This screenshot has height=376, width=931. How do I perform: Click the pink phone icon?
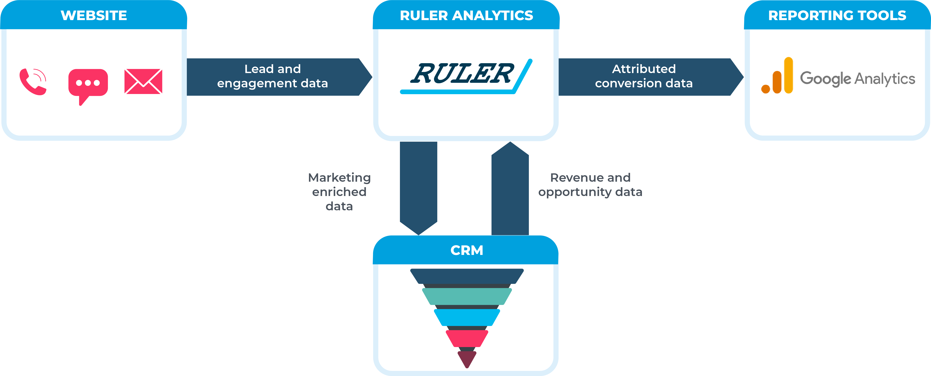point(33,82)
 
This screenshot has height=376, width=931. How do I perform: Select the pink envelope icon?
point(143,82)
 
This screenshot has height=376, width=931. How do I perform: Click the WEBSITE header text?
point(94,15)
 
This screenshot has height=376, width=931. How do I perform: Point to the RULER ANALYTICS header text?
point(466,15)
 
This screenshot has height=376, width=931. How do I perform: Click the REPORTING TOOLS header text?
point(837,15)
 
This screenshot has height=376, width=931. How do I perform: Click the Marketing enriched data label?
point(339,192)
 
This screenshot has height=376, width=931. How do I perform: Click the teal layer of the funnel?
point(467,296)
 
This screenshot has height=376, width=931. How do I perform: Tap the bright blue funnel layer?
point(467,317)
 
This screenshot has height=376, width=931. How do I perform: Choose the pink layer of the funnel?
point(467,338)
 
